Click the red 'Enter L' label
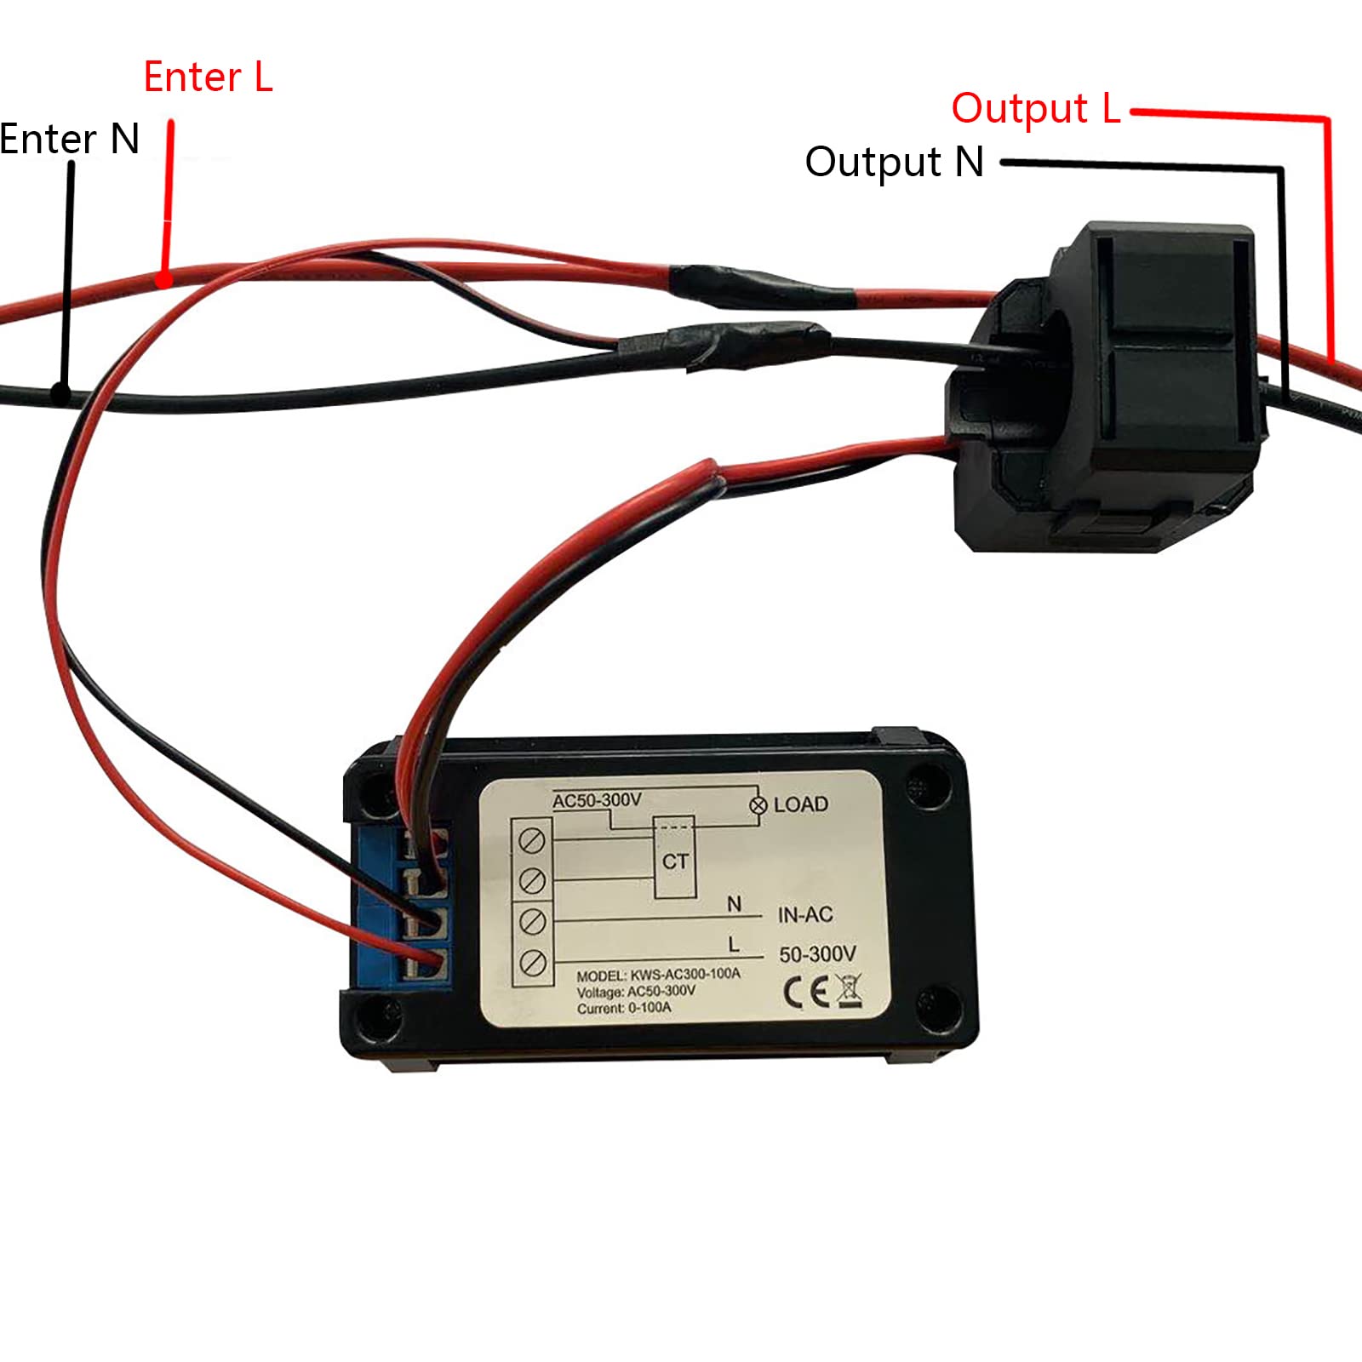208,77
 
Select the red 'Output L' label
1035,109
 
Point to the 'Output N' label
894,162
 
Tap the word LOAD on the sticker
800,804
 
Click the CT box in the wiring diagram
675,860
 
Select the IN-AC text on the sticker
804,915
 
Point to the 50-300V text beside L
817,954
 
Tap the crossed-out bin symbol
849,992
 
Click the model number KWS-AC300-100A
685,974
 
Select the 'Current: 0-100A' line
624,1008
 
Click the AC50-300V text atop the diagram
597,800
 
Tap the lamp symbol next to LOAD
758,805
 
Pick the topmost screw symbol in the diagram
532,841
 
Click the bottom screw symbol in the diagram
532,963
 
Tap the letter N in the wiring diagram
734,904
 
